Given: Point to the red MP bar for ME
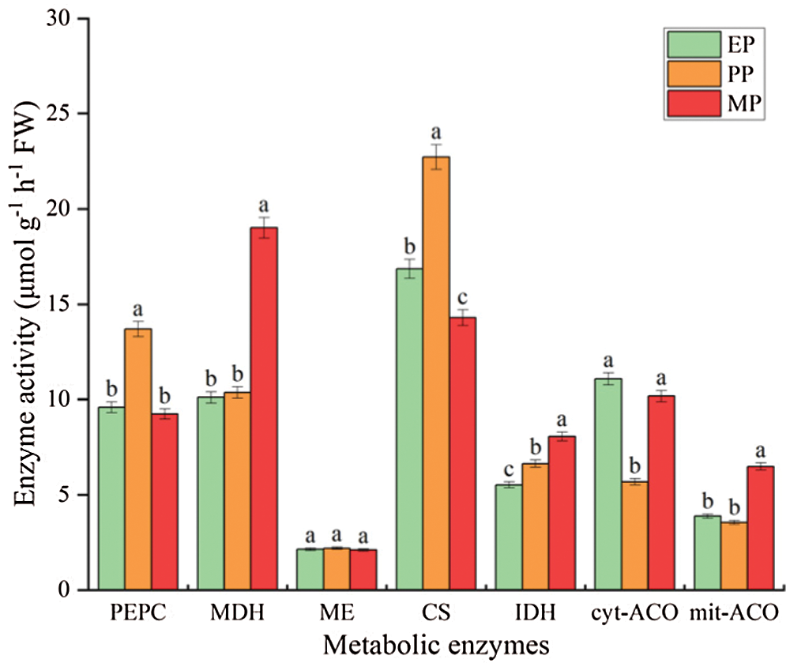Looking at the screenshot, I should coord(363,569).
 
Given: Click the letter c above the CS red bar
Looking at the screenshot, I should coord(463,298).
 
